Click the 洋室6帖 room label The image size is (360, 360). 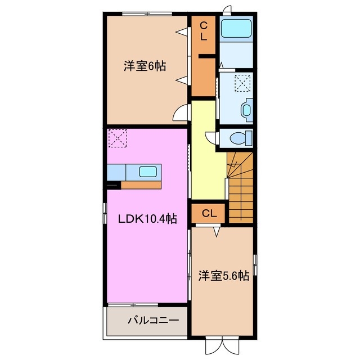145,66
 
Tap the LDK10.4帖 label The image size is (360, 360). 147,219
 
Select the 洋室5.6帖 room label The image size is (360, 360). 223,276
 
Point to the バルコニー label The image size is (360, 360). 152,320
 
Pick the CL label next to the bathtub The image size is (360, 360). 204,30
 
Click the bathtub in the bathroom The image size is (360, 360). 236,29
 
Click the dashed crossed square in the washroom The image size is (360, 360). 242,83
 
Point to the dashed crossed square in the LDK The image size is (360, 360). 118,138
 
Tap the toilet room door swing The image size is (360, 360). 211,138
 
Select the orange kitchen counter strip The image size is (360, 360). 141,184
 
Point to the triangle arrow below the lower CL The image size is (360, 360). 216,231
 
